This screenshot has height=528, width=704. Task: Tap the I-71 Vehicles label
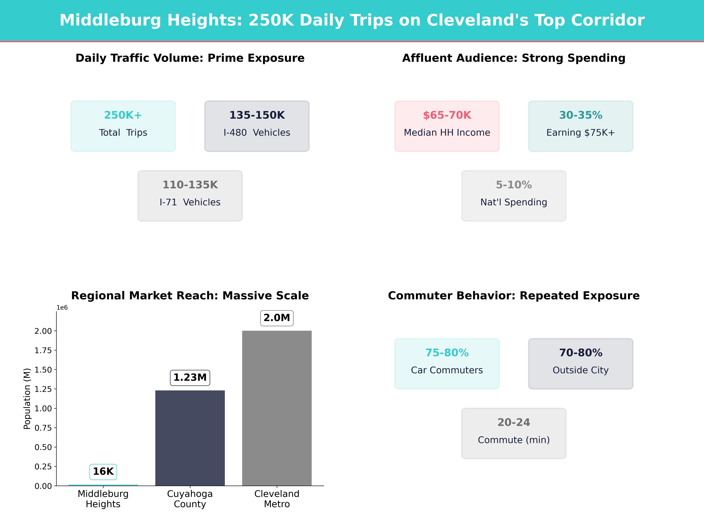[190, 202]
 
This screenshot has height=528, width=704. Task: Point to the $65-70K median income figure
[447, 115]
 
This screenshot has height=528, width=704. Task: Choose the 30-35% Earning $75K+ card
[581, 126]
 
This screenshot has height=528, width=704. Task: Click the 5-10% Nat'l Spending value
[514, 185]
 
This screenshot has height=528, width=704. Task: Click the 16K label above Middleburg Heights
[103, 471]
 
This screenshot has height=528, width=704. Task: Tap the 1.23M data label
[190, 378]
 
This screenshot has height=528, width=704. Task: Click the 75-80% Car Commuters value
[447, 353]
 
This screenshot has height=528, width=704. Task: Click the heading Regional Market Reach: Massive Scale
[190, 296]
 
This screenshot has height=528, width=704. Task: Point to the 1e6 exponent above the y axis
[62, 307]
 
